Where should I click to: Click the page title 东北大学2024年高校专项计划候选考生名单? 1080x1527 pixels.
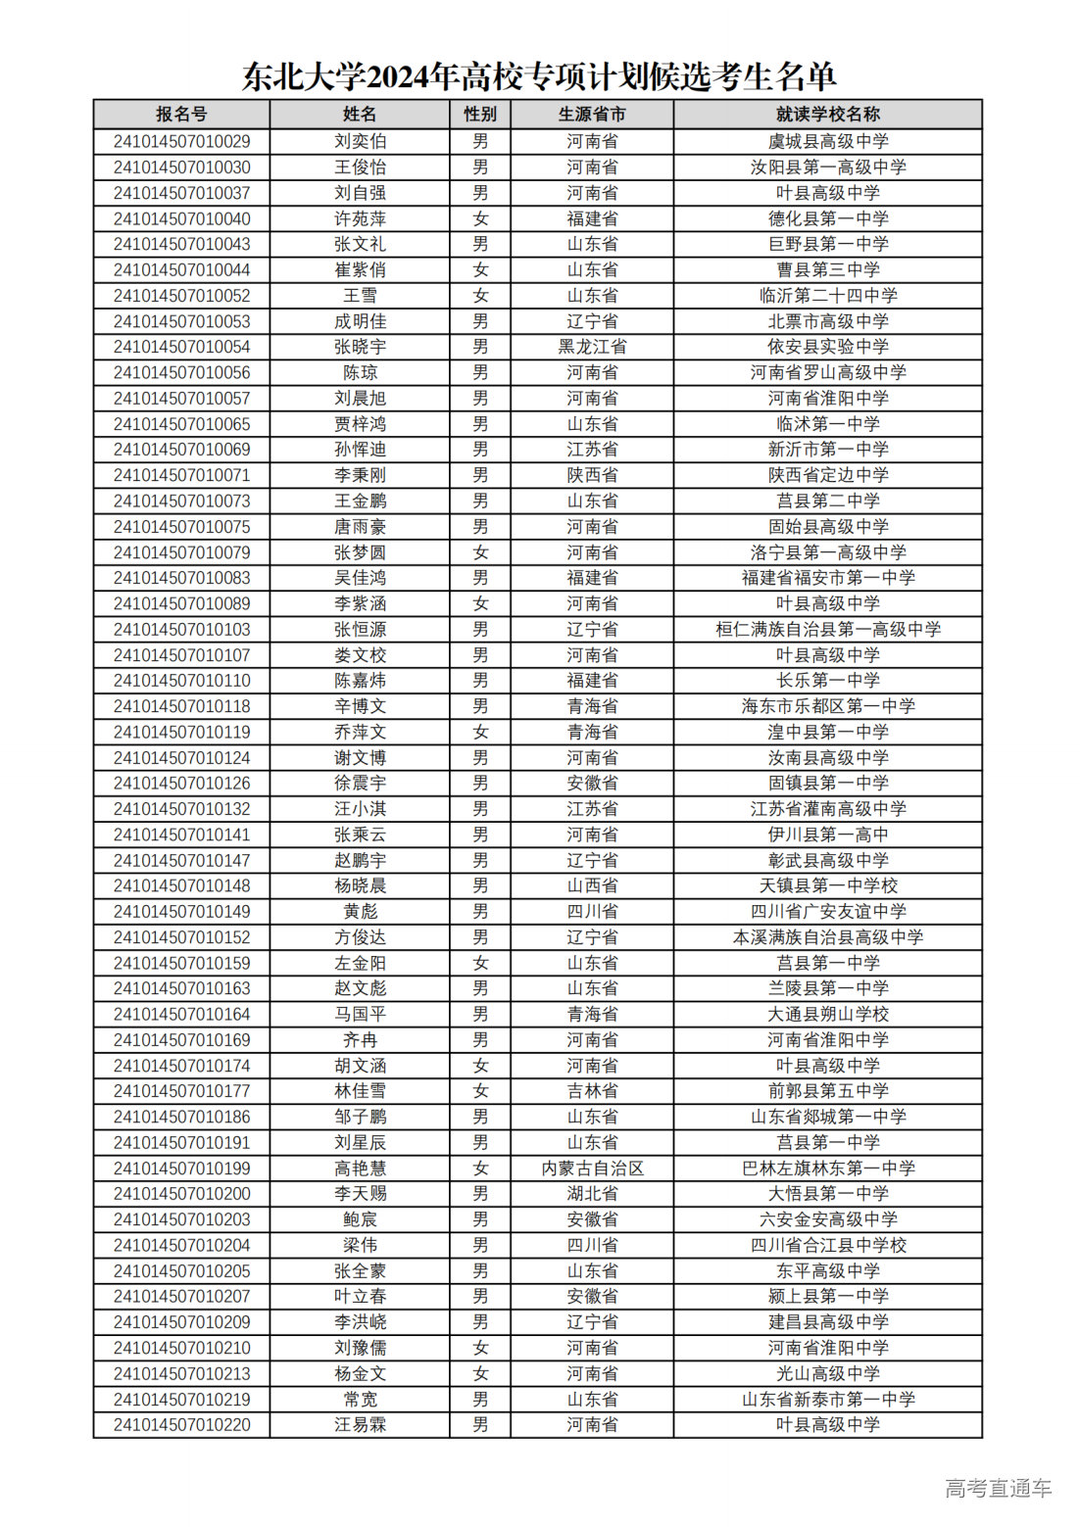[x=539, y=76]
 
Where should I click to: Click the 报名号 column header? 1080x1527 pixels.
[x=181, y=115]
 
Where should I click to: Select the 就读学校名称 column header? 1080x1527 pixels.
[x=827, y=115]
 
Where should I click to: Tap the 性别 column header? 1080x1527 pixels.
[x=480, y=115]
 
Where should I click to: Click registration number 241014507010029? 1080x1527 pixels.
[x=181, y=142]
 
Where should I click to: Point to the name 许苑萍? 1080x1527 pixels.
[x=360, y=218]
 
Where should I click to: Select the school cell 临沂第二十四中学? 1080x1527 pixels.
[x=827, y=296]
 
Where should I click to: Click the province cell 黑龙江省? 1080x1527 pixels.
[x=592, y=347]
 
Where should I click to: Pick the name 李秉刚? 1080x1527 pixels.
[x=360, y=475]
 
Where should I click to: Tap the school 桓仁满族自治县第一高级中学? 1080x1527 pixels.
[x=827, y=629]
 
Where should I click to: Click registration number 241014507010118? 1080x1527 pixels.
[x=181, y=706]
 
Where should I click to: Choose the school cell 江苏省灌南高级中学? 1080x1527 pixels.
[x=827, y=809]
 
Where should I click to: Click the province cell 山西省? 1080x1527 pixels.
[x=592, y=885]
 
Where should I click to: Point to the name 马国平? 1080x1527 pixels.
[x=360, y=1014]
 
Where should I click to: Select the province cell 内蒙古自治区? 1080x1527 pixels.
[x=592, y=1169]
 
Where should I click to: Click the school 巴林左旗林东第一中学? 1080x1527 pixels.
[x=827, y=1169]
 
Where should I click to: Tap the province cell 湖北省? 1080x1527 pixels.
[x=592, y=1194]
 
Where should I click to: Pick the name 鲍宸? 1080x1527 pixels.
[x=360, y=1219]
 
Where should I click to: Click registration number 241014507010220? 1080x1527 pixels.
[x=181, y=1425]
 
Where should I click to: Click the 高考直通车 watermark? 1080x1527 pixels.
[x=998, y=1489]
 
